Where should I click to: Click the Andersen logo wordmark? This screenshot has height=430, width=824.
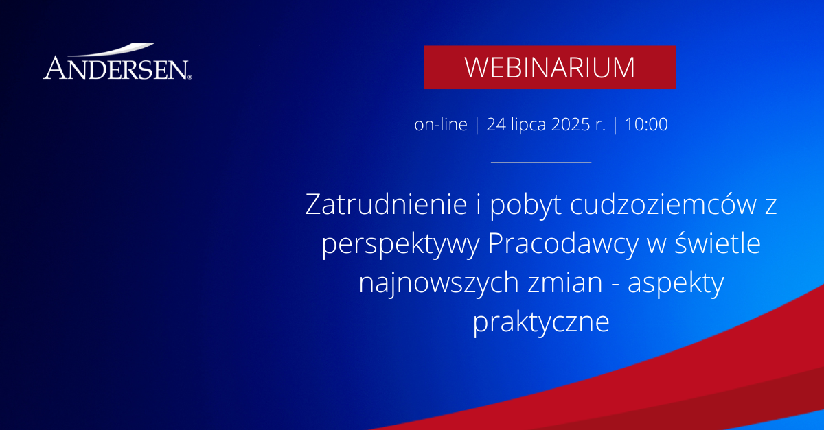coord(117,68)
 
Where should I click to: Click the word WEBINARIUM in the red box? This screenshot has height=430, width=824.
coord(549,67)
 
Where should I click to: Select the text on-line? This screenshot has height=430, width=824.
coord(440,124)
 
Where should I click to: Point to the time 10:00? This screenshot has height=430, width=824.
coord(646,124)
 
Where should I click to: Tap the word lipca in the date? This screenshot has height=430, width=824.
coord(528,125)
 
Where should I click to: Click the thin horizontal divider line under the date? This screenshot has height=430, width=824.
coord(541,162)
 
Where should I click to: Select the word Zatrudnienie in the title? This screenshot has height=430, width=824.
coord(386,204)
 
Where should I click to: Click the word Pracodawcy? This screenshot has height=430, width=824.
coord(563,245)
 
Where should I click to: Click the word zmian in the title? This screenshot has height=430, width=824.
coord(565,283)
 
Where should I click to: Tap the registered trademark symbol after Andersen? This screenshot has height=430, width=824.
coord(190,77)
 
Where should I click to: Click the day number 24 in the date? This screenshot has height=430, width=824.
coord(496,124)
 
